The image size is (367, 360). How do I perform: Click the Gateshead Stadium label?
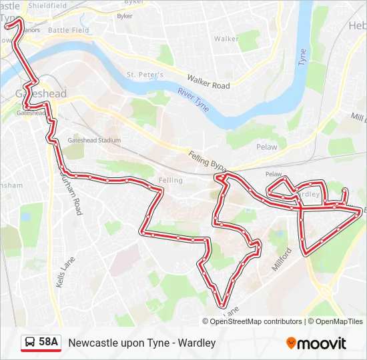(94, 141)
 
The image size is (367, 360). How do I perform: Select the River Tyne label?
(194, 97)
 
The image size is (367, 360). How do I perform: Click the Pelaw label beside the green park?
(266, 146)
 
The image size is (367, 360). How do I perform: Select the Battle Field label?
(68, 31)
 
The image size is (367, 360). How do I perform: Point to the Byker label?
(125, 15)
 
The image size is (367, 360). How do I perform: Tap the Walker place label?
(226, 39)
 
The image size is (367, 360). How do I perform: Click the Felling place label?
(171, 181)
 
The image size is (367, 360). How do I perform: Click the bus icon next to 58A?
(31, 343)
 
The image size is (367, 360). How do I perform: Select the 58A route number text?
(49, 343)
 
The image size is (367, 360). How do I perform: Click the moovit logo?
(316, 343)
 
